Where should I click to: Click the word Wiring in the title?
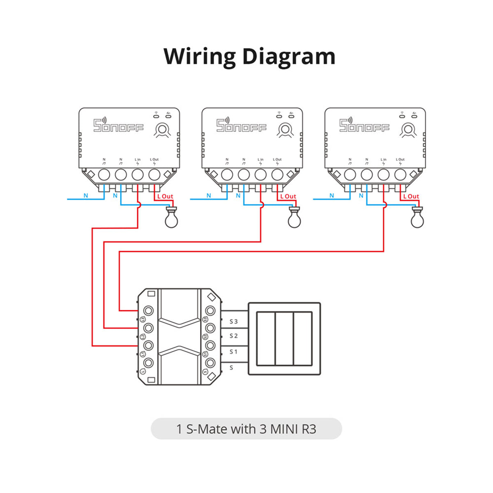(x=200, y=57)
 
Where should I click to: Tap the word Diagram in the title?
(x=289, y=57)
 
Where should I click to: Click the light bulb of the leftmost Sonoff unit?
(x=171, y=218)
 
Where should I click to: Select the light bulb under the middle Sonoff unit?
(x=294, y=218)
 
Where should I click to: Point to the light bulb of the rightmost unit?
(x=417, y=218)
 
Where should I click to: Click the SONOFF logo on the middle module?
(x=241, y=126)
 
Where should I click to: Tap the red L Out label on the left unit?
(x=165, y=196)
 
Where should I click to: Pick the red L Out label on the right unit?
(x=411, y=196)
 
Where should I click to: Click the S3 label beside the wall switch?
(x=233, y=321)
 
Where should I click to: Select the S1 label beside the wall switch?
(x=233, y=352)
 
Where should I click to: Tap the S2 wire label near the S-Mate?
(x=233, y=336)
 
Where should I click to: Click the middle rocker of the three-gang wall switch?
(x=284, y=339)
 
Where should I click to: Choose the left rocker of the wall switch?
(x=266, y=339)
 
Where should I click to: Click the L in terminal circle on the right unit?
(x=383, y=175)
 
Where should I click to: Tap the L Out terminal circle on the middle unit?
(x=277, y=175)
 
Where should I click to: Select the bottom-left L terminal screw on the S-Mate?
(x=149, y=363)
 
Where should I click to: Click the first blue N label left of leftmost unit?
(x=86, y=196)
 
